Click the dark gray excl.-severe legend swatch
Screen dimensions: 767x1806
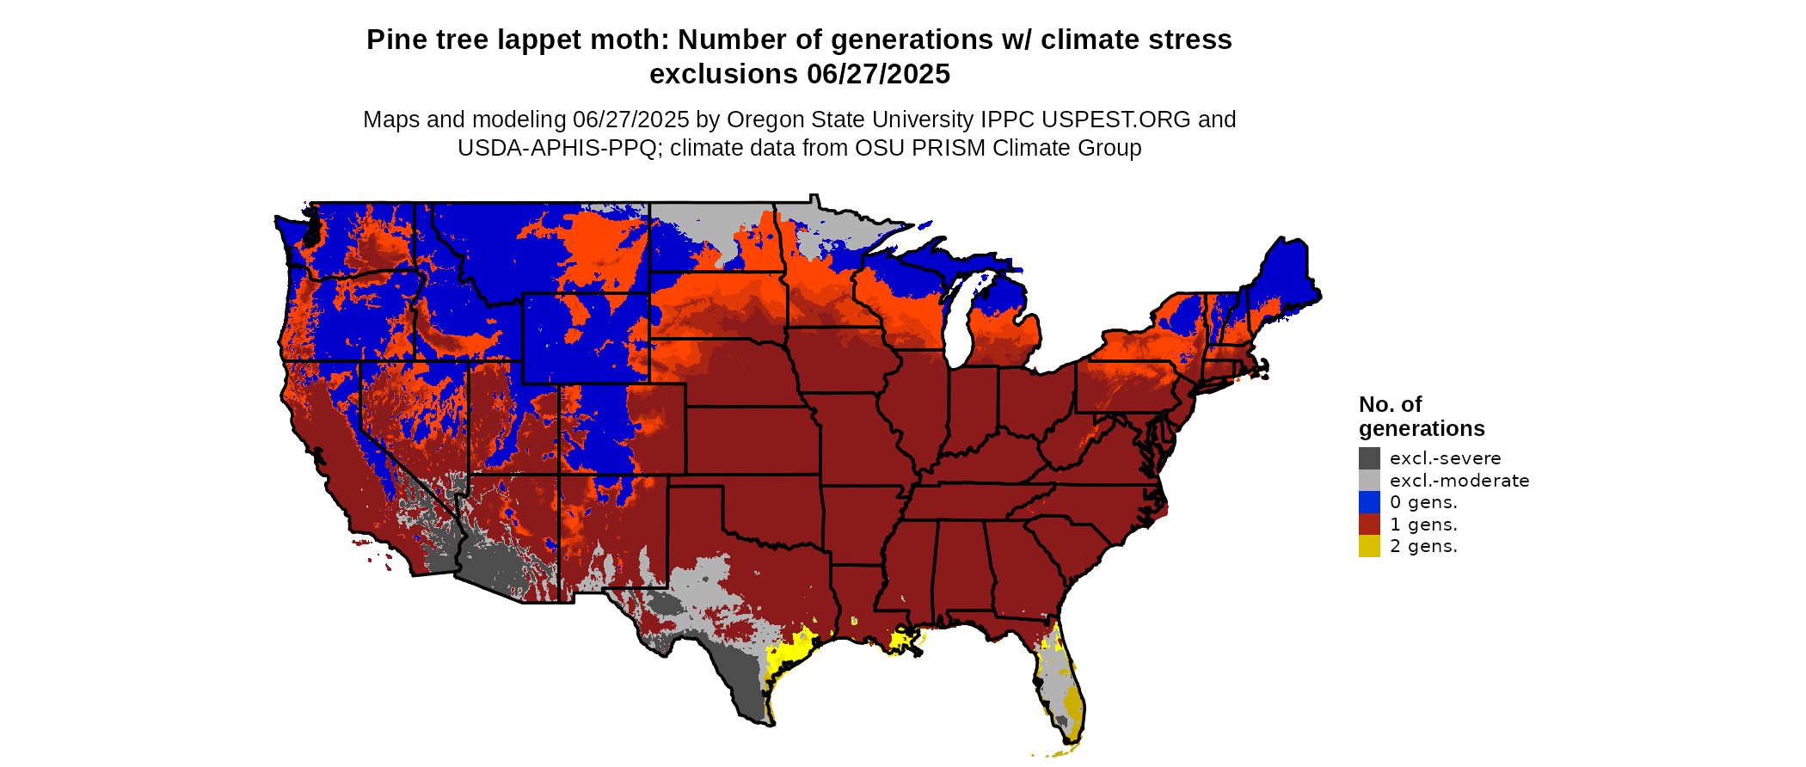point(1369,458)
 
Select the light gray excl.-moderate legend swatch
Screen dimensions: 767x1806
point(1369,481)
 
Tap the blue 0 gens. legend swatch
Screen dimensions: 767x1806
point(1369,502)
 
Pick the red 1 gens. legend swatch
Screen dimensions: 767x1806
point(1369,525)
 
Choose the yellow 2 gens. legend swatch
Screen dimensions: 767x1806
point(1369,546)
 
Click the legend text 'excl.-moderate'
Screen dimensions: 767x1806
point(1459,481)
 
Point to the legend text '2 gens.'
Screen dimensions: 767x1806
point(1423,546)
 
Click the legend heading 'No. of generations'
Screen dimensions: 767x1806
point(1421,416)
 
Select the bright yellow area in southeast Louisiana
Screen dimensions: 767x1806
point(904,640)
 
